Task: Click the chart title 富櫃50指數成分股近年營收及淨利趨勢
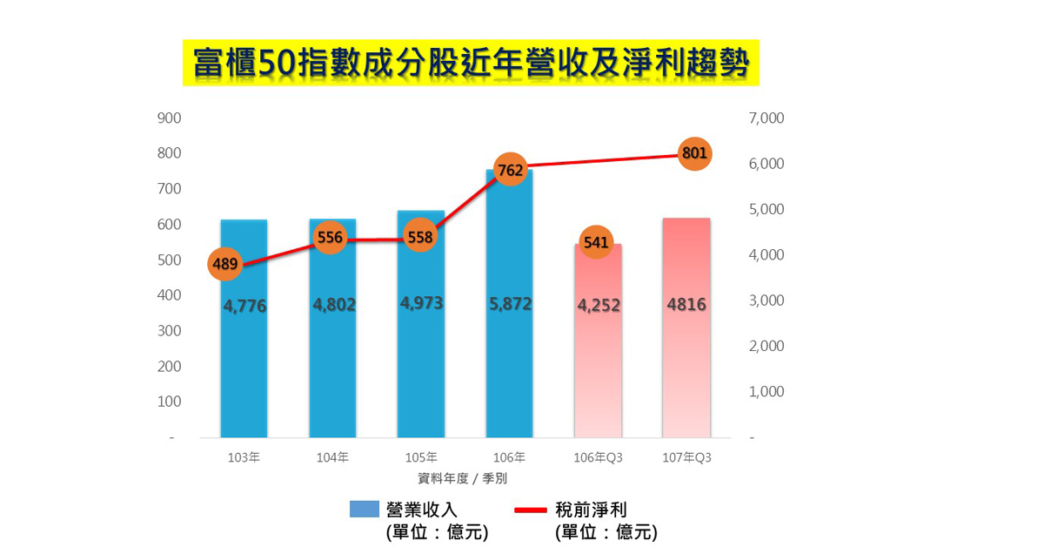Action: pos(471,63)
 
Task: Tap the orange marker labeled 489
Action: pos(225,263)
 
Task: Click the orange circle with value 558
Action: pos(420,237)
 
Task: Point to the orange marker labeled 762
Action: pos(510,170)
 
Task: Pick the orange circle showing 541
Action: pos(596,242)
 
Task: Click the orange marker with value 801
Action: pos(694,154)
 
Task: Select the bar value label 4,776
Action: pos(244,307)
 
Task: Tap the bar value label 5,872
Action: pos(510,305)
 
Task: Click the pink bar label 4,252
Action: pos(599,306)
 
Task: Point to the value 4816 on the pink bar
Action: pos(686,306)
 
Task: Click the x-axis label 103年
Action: pos(244,457)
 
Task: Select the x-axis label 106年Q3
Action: pos(598,457)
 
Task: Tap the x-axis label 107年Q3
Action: pos(686,457)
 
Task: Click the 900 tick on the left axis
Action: pos(169,118)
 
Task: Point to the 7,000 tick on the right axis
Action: pos(766,118)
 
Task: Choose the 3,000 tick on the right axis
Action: pos(766,301)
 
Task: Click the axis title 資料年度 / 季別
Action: pos(464,478)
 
